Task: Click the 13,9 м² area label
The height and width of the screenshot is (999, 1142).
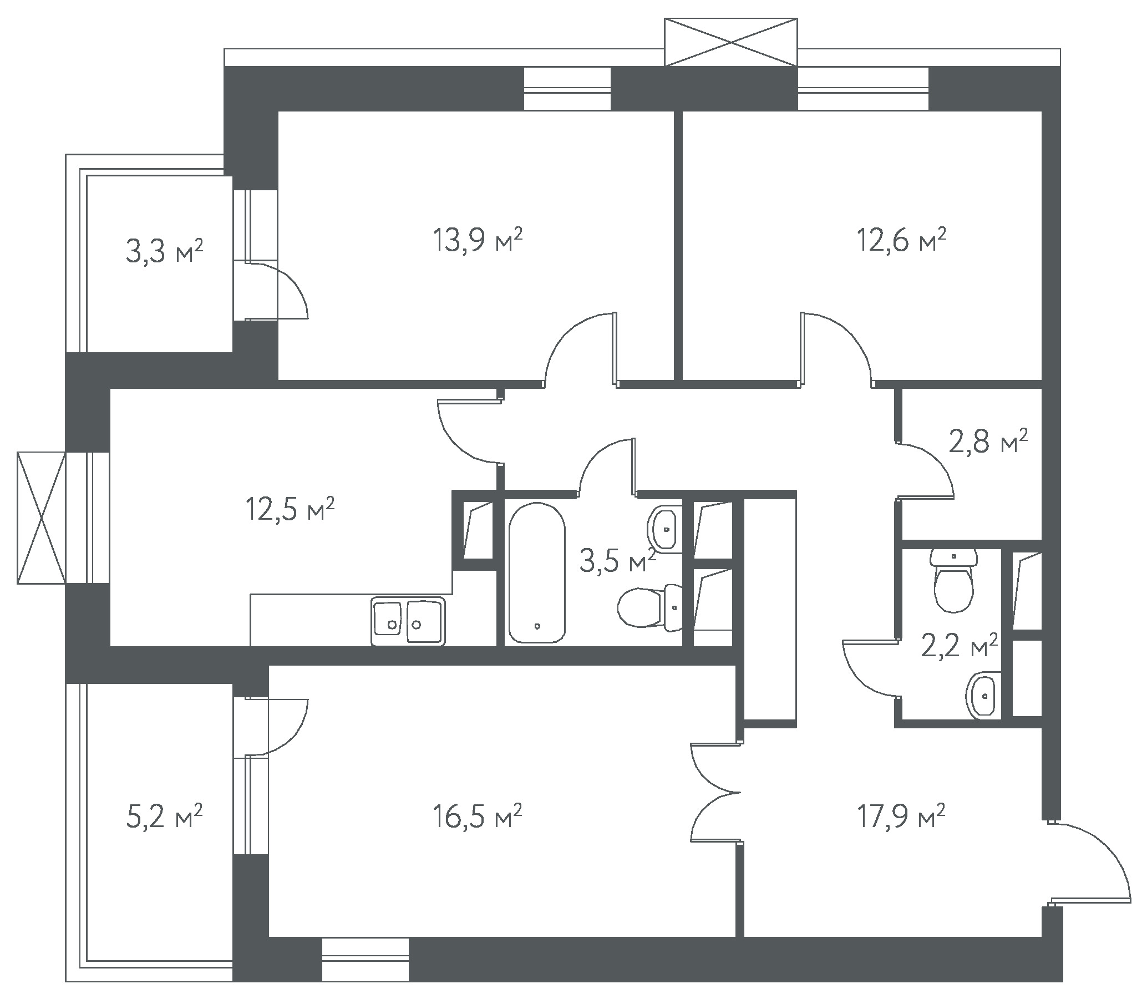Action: click(478, 241)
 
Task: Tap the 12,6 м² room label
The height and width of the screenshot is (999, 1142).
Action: click(901, 241)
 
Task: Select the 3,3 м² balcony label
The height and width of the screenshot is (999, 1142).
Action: click(164, 251)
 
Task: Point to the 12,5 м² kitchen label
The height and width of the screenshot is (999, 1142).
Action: click(290, 510)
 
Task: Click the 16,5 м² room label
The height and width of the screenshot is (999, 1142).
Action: click(477, 817)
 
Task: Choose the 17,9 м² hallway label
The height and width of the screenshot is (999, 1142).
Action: click(901, 817)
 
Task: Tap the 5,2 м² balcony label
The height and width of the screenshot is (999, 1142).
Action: click(164, 817)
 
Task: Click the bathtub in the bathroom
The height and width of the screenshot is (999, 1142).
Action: click(536, 572)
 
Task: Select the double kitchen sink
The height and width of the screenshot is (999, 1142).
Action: click(408, 621)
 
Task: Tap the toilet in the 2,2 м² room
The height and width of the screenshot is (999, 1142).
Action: click(955, 580)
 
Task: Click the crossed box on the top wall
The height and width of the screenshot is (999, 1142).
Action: click(730, 42)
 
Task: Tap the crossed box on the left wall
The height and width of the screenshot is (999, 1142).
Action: click(41, 518)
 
